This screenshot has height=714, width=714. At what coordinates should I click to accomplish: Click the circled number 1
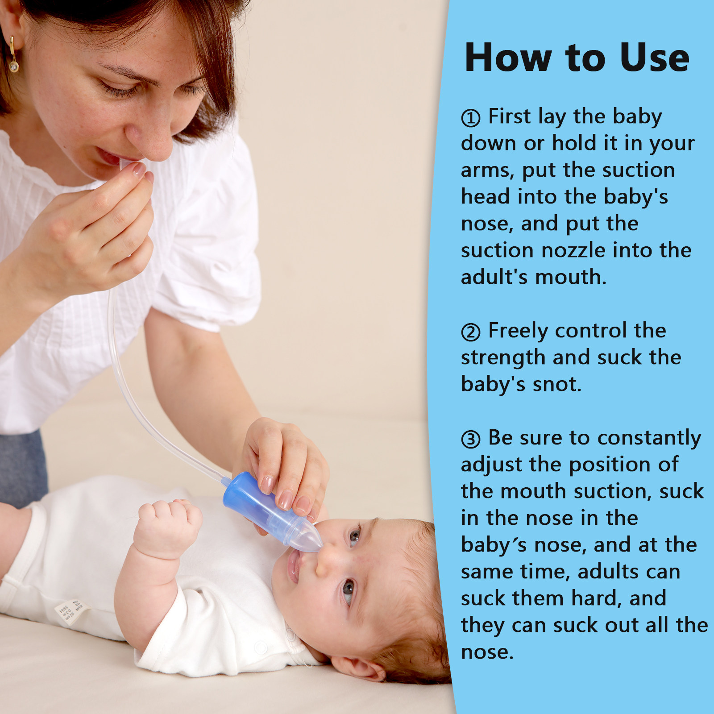pos(470,118)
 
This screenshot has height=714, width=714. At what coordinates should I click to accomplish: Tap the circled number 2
pos(470,332)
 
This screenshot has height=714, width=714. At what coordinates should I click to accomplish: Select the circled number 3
pos(470,439)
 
